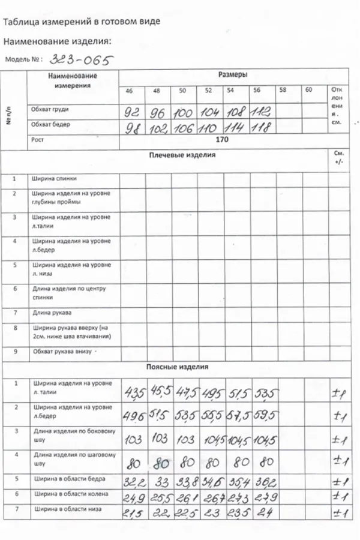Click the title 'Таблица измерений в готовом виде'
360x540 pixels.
[x=82, y=22]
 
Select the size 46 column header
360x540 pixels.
[x=129, y=91]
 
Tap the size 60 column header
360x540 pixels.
[x=308, y=90]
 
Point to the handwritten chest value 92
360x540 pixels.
[x=131, y=112]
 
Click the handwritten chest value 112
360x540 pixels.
[x=262, y=111]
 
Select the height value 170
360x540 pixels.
[x=221, y=140]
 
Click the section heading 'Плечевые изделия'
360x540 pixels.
[x=182, y=155]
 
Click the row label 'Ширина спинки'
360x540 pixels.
[x=54, y=179]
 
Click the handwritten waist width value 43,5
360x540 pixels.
[x=134, y=393]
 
